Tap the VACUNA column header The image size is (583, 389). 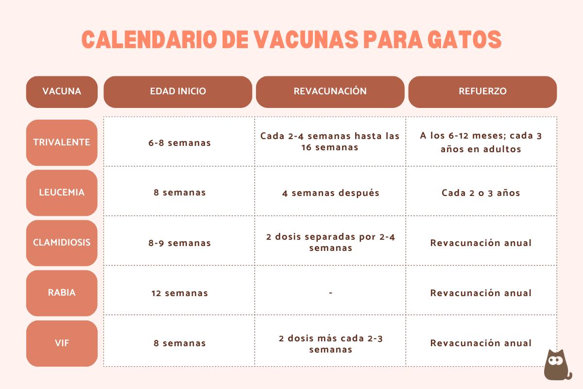pos(62,91)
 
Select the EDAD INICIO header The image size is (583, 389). pos(178,91)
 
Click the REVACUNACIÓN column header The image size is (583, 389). pos(330,91)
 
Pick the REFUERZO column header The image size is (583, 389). pos(482,91)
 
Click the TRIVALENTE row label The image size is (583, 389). pos(62,142)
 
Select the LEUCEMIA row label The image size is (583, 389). pos(62,193)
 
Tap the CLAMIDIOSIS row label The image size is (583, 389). pos(62,243)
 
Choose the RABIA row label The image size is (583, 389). pos(62,293)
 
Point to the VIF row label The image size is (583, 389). pos(62,343)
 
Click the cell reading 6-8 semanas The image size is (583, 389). pos(180,143)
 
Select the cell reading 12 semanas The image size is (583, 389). pos(180,293)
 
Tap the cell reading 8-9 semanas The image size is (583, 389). pos(180,243)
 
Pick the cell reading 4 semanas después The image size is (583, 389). pos(330,193)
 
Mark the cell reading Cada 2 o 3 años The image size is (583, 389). pos(481,193)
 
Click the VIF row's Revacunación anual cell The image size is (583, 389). pos(481,343)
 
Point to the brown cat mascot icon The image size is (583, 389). pos(557,364)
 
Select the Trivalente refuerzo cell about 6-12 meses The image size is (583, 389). pos(481,142)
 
